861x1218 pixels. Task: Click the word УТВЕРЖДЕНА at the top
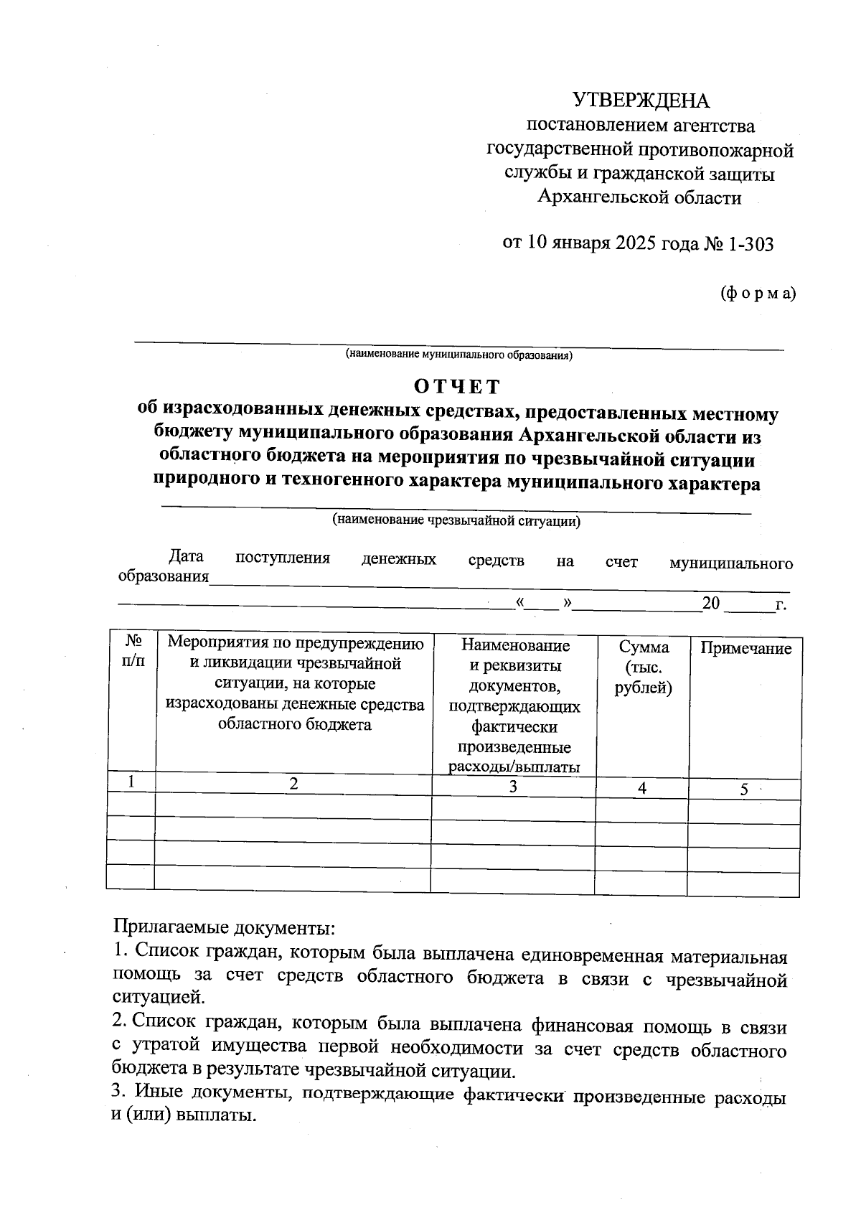coord(640,100)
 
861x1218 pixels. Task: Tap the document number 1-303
coord(751,244)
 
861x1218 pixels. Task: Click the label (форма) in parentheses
coord(758,293)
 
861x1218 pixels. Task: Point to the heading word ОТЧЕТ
coord(457,386)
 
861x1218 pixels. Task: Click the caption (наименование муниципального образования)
coord(458,355)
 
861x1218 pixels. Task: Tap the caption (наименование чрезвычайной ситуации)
coord(456,521)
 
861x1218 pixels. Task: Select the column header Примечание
coord(745,649)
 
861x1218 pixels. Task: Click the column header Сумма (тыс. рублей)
coord(643,667)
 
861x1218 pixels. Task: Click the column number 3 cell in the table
coord(513,786)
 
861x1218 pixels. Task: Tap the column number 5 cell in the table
coord(744,790)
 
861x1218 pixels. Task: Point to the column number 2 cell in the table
coord(293,784)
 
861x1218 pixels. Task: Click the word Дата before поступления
coord(186,556)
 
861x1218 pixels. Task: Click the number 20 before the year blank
coord(711,603)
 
